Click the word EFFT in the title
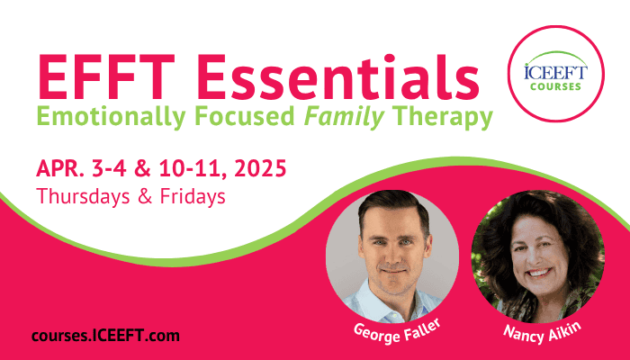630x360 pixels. pos(106,77)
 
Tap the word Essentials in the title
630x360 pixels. pos(338,77)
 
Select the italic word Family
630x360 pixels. pos(344,117)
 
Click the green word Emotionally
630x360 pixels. pos(112,117)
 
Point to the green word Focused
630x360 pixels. pos(245,116)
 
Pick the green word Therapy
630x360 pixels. pos(443,117)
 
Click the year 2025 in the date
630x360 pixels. pos(260,168)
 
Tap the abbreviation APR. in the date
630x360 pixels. pos(60,168)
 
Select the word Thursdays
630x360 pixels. pos(83,196)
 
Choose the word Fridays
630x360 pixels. pos(193,196)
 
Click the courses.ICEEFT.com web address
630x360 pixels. pos(105,336)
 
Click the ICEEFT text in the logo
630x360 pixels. pos(555,72)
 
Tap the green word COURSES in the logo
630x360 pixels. pos(555,86)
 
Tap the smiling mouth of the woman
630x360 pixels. pos(538,273)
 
